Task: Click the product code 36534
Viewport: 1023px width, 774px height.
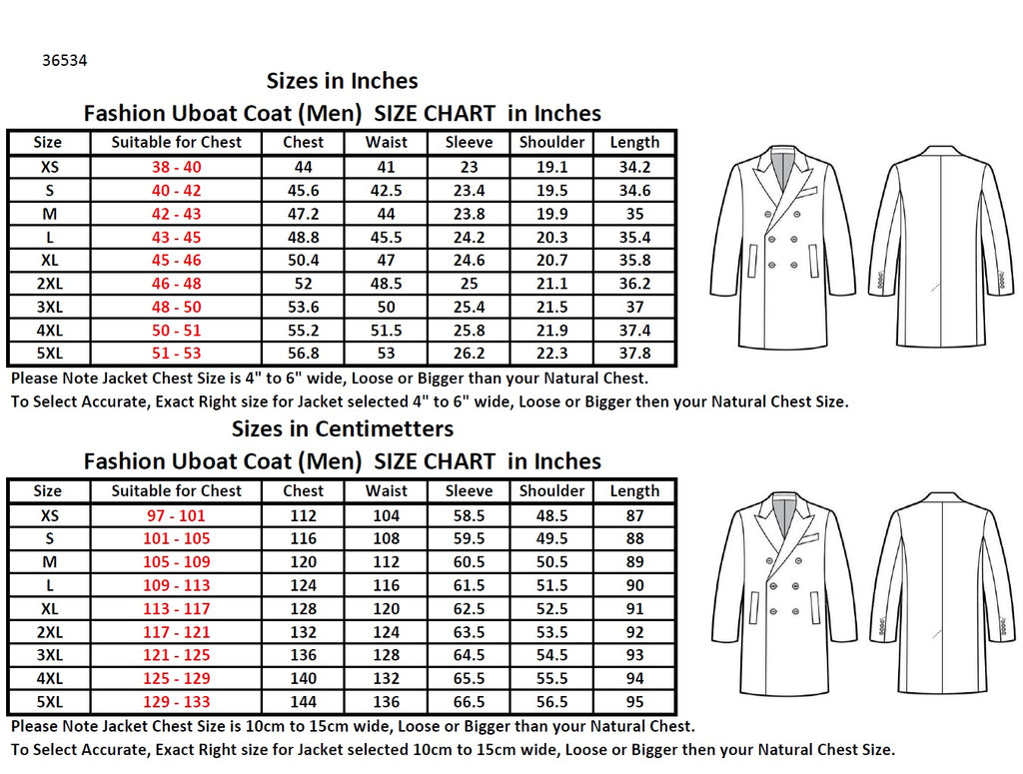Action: pyautogui.click(x=65, y=60)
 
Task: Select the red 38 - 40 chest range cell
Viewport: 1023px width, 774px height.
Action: pyautogui.click(x=176, y=167)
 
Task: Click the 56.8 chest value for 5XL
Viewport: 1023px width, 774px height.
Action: pyautogui.click(x=303, y=354)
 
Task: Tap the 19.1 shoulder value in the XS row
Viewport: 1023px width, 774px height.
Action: pyautogui.click(x=551, y=167)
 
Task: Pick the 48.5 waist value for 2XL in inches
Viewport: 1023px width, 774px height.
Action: pyautogui.click(x=386, y=284)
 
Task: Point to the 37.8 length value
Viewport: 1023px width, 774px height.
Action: pyautogui.click(x=634, y=354)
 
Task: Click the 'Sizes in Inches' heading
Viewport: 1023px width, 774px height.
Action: pyautogui.click(x=342, y=81)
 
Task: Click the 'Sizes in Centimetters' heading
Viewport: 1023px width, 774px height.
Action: pyautogui.click(x=342, y=429)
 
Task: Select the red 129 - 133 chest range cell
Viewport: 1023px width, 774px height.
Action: pyautogui.click(x=176, y=702)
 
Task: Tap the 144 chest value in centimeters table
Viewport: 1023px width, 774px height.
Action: pyautogui.click(x=303, y=702)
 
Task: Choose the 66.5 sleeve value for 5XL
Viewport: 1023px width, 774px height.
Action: pyautogui.click(x=469, y=702)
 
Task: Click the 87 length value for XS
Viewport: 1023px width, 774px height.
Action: pyautogui.click(x=634, y=515)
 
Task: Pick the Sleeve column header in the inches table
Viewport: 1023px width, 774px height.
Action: pyautogui.click(x=469, y=143)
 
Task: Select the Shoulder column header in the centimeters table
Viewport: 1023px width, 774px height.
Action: pyautogui.click(x=551, y=491)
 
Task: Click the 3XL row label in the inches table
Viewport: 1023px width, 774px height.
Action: pyautogui.click(x=48, y=307)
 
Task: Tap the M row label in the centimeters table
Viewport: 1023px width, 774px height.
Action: pyautogui.click(x=48, y=562)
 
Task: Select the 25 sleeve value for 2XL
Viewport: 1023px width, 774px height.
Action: pyautogui.click(x=469, y=284)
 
